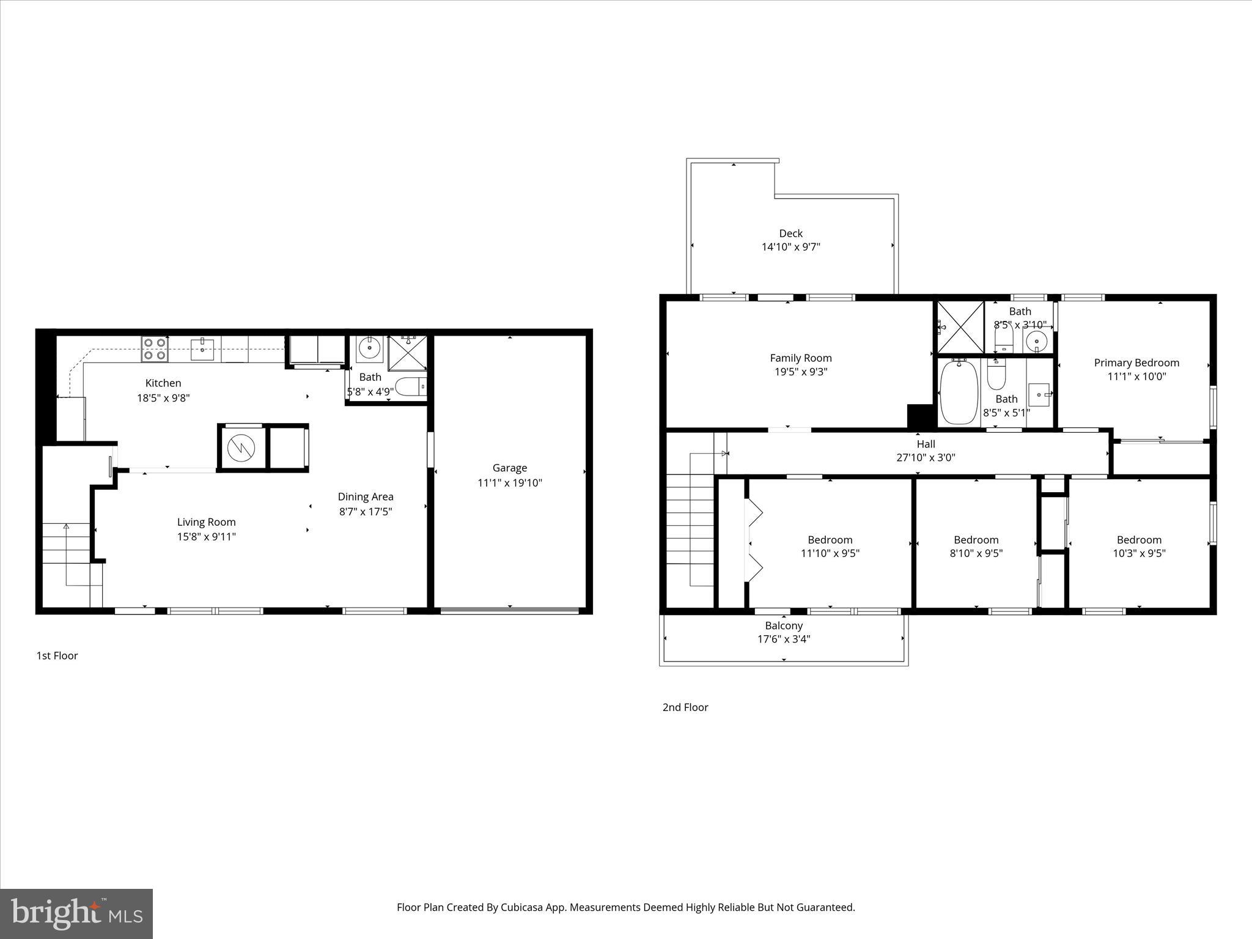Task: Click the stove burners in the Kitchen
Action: click(x=155, y=348)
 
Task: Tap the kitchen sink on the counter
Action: click(x=202, y=350)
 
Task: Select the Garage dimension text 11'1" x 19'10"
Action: click(x=509, y=483)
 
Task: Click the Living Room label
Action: click(x=206, y=522)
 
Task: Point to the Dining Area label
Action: click(x=366, y=497)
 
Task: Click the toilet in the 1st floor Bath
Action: click(x=410, y=387)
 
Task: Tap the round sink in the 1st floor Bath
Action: click(x=369, y=348)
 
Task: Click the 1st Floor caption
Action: click(x=57, y=656)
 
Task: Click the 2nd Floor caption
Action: click(x=685, y=707)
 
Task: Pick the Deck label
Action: click(x=790, y=234)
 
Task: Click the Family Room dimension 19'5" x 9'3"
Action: click(x=800, y=372)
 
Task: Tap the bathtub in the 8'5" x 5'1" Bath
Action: click(x=958, y=392)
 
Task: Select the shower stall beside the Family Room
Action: click(x=960, y=326)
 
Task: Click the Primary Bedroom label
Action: click(x=1136, y=363)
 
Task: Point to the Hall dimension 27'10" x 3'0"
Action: click(x=926, y=457)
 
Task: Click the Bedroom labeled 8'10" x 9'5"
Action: click(x=976, y=540)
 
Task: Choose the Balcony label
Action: click(x=784, y=626)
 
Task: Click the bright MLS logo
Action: click(x=76, y=914)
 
